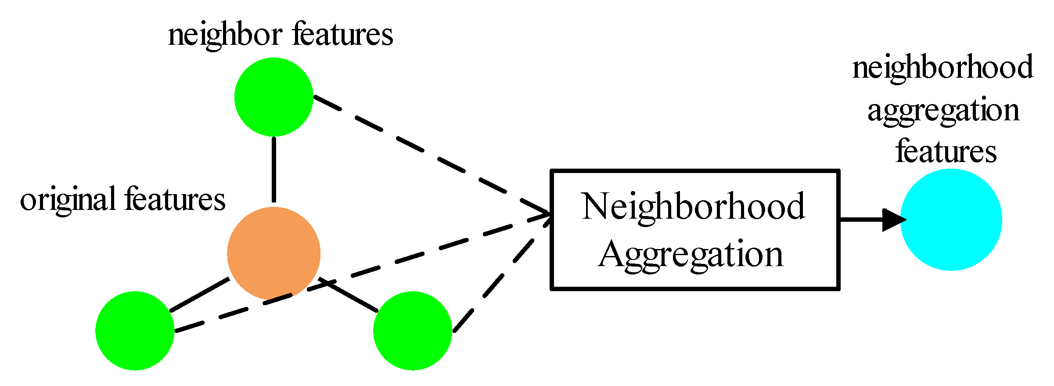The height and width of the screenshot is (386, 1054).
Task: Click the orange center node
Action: (273, 254)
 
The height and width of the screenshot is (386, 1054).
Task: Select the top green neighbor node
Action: (273, 97)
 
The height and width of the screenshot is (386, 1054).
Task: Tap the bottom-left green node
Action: (135, 331)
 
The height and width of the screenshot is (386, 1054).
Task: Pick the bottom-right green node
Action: (412, 331)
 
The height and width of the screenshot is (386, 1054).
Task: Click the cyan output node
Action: (951, 220)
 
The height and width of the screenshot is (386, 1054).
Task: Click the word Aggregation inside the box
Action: (691, 255)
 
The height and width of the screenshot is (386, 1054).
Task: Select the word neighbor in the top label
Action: (225, 35)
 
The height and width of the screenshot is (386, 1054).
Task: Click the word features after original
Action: (175, 200)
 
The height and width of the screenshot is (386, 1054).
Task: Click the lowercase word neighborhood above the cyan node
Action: (942, 68)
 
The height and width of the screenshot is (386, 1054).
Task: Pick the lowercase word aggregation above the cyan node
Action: (943, 111)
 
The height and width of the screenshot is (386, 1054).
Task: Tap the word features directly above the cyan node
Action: (946, 152)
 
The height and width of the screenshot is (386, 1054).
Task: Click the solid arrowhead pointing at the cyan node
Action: (893, 220)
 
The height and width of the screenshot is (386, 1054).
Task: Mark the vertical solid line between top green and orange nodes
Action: (273, 169)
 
